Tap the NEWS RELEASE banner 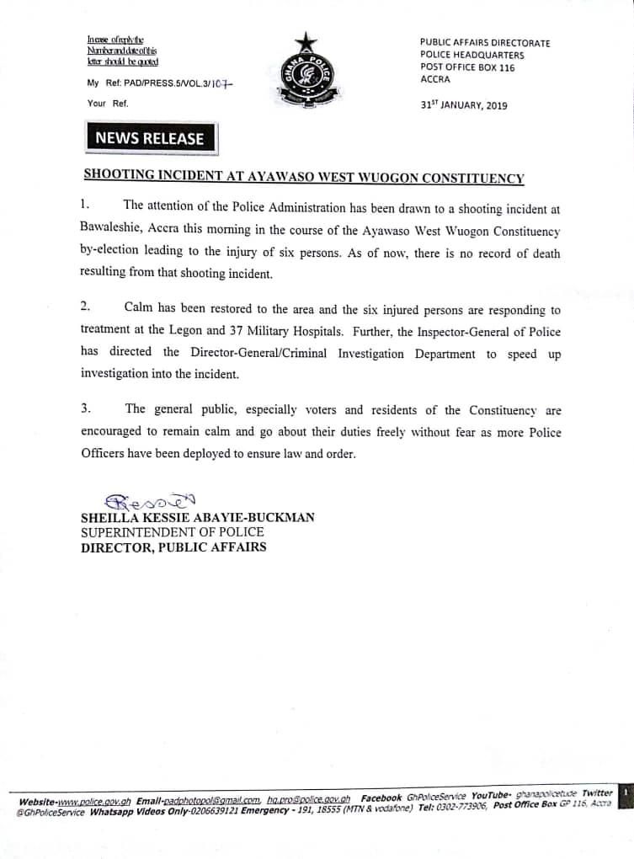click(x=149, y=138)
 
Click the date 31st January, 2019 click(x=464, y=105)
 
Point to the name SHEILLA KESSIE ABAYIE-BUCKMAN click(x=198, y=517)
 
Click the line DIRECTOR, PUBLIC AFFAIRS click(x=173, y=547)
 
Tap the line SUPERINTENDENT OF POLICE click(x=172, y=532)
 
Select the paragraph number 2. click(x=85, y=309)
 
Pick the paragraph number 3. click(x=85, y=409)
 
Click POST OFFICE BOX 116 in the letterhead click(x=466, y=67)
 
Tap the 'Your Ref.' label click(x=108, y=104)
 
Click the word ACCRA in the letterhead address click(x=435, y=80)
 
